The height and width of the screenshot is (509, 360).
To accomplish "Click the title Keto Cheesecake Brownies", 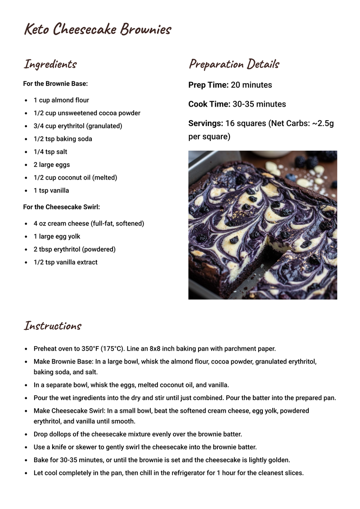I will pos(98,30).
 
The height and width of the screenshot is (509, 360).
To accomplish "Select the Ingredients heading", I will pos(50,64).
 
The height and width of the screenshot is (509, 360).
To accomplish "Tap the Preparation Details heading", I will pos(234,64).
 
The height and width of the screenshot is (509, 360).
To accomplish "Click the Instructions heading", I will pos(52,326).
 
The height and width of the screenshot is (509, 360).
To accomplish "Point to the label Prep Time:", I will pos(208,85).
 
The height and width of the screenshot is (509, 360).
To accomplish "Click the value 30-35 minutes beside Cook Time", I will pos(259,104).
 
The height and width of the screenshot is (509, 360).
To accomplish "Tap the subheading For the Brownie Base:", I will pos(55,84).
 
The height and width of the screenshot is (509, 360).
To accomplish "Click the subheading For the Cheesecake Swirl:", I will pos(61,207).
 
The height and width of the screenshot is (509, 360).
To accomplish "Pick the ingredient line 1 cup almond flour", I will pos(61,100).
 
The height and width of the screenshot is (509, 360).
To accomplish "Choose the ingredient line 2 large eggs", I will pos(52,165).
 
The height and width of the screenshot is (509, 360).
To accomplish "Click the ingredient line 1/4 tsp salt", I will pos(50,152).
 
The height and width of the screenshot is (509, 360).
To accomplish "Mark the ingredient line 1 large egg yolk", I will pos(57,237).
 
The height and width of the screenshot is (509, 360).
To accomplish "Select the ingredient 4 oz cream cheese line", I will pos(89,224).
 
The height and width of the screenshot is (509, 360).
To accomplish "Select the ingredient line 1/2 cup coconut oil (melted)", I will pos(75,178).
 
